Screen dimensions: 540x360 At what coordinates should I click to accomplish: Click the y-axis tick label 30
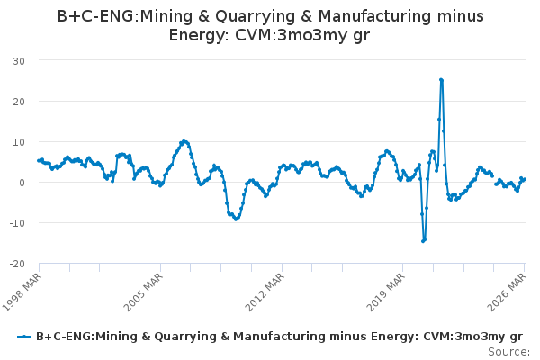click(19, 61)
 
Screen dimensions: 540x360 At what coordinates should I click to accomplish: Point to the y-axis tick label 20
click(19, 102)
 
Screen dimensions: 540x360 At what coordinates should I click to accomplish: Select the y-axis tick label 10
click(19, 142)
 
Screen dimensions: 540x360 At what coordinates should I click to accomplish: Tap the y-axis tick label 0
click(22, 183)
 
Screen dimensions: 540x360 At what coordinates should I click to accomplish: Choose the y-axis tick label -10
click(17, 223)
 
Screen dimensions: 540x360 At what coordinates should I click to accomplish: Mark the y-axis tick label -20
click(17, 264)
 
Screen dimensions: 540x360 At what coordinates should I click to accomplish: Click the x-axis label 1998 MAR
click(22, 292)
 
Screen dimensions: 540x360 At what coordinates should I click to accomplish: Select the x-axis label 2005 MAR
click(143, 292)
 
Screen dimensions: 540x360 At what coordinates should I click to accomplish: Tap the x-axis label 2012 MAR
click(265, 292)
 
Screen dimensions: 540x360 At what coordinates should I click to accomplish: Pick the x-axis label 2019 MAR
click(386, 292)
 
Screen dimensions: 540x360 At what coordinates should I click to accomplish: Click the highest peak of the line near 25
click(441, 80)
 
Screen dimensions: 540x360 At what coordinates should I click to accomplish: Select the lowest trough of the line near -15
click(423, 241)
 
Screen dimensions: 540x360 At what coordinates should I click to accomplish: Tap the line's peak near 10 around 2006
click(184, 141)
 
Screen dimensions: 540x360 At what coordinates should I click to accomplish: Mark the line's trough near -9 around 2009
click(236, 219)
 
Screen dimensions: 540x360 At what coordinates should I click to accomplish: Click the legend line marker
click(24, 337)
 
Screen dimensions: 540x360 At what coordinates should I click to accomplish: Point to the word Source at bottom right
click(508, 352)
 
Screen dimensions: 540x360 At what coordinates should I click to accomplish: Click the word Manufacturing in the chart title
click(375, 16)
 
